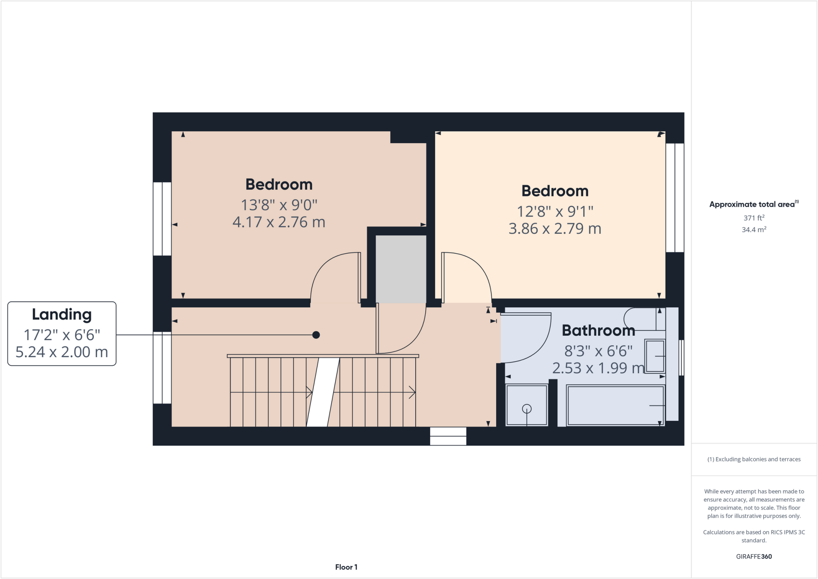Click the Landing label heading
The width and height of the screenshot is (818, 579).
point(62,315)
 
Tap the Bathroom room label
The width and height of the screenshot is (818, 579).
point(598,330)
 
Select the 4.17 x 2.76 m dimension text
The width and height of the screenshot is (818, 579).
point(279,222)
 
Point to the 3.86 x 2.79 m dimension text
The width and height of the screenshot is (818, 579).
point(555,229)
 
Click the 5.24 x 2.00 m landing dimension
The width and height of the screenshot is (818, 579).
point(62,352)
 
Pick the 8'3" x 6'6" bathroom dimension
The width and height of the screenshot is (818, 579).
point(598,351)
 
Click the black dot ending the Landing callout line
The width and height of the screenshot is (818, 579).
point(316,335)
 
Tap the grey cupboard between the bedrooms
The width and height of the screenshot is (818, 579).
point(401,269)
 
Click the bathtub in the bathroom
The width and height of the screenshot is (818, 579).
point(615,405)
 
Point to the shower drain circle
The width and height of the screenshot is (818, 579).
point(527,409)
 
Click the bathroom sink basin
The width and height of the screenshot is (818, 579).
point(655,356)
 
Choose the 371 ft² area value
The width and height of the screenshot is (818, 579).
point(754,218)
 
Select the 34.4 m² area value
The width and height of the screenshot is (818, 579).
point(754,230)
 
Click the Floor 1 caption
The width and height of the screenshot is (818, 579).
point(346,567)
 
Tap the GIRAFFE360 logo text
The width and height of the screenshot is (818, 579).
point(754,556)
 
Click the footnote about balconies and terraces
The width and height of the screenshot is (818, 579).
point(754,459)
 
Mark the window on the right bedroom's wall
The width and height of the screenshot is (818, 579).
point(675,198)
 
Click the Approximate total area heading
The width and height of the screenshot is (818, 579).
point(753,204)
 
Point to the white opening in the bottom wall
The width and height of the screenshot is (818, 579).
point(448,436)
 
